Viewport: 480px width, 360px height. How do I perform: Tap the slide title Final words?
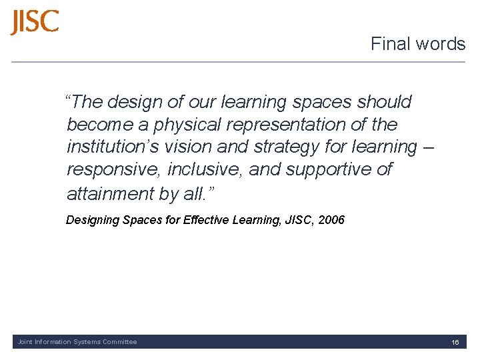coord(418,44)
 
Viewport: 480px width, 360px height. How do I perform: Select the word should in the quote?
coord(384,102)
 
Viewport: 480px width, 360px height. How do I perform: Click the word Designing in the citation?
coord(93,220)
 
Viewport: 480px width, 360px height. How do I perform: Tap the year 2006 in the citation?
coord(331,219)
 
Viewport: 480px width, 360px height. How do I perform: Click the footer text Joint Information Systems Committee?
coord(77,342)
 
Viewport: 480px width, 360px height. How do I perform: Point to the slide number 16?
coord(455,342)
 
